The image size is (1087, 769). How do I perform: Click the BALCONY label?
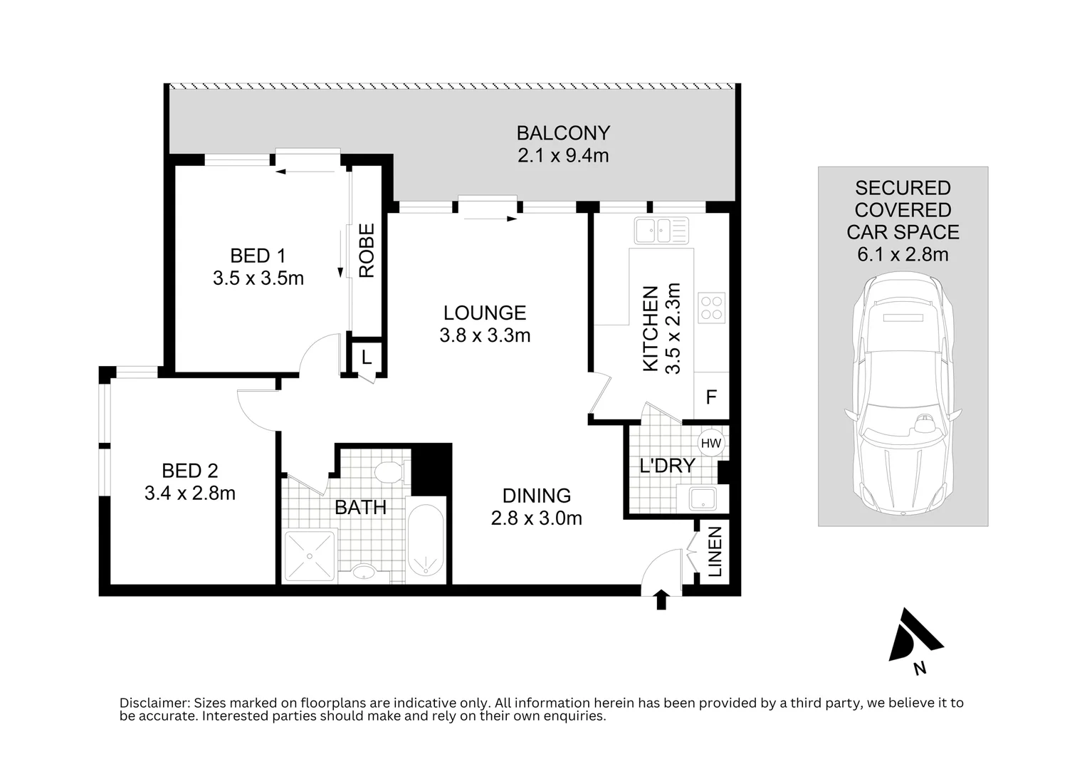563,133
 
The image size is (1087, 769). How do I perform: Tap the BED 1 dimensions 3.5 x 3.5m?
258,278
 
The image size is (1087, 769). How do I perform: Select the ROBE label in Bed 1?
367,251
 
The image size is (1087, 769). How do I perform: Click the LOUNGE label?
485,313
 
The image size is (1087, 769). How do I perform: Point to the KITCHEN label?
650,328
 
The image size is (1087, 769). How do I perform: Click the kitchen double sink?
661,230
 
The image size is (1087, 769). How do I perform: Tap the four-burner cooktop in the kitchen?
711,308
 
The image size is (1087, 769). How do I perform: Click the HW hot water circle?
710,444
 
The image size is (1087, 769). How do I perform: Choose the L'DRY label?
666,466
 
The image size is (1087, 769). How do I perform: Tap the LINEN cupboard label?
715,552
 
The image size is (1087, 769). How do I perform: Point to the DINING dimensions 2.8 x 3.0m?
536,518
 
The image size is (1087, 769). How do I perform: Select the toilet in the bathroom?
389,472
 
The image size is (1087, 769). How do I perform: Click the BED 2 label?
189,471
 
